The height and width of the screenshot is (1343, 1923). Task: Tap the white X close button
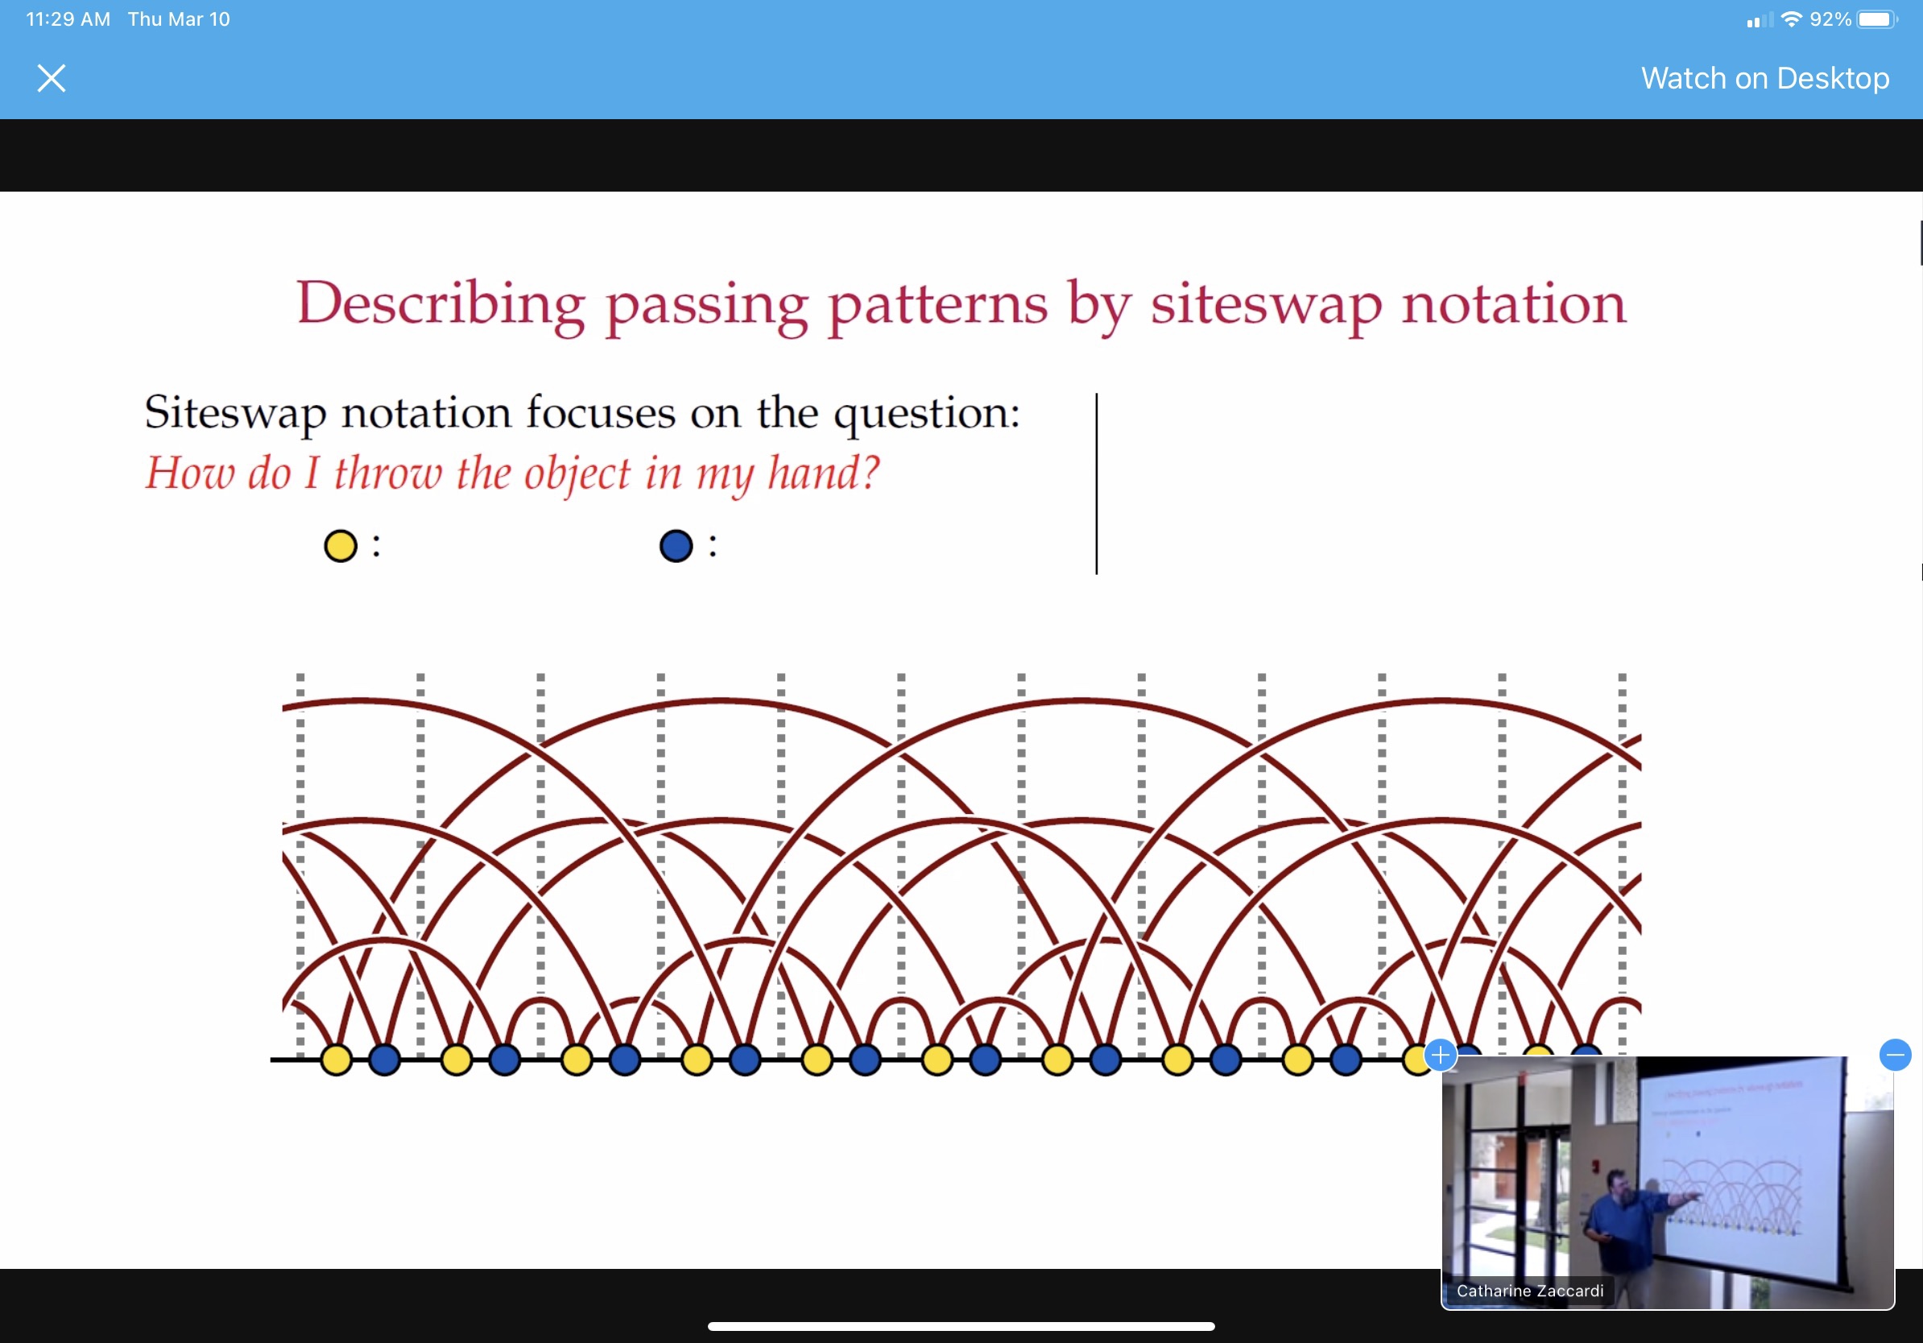51,79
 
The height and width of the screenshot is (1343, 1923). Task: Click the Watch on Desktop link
1764,78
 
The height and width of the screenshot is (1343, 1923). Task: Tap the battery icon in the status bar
1878,19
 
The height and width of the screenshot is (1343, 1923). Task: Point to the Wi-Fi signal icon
1791,19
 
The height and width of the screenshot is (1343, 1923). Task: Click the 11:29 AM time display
68,19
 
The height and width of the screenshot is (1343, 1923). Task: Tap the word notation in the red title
1514,304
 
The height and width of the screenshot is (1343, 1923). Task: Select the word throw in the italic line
387,473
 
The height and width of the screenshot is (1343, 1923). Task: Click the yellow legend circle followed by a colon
341,546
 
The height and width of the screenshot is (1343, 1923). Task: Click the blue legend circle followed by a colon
676,546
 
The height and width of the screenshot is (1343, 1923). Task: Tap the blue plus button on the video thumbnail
1440,1055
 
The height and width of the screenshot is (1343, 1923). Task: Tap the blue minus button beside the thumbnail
1896,1055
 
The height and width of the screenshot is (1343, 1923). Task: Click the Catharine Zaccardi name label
1529,1291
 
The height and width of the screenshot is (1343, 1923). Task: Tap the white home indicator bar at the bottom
961,1326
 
